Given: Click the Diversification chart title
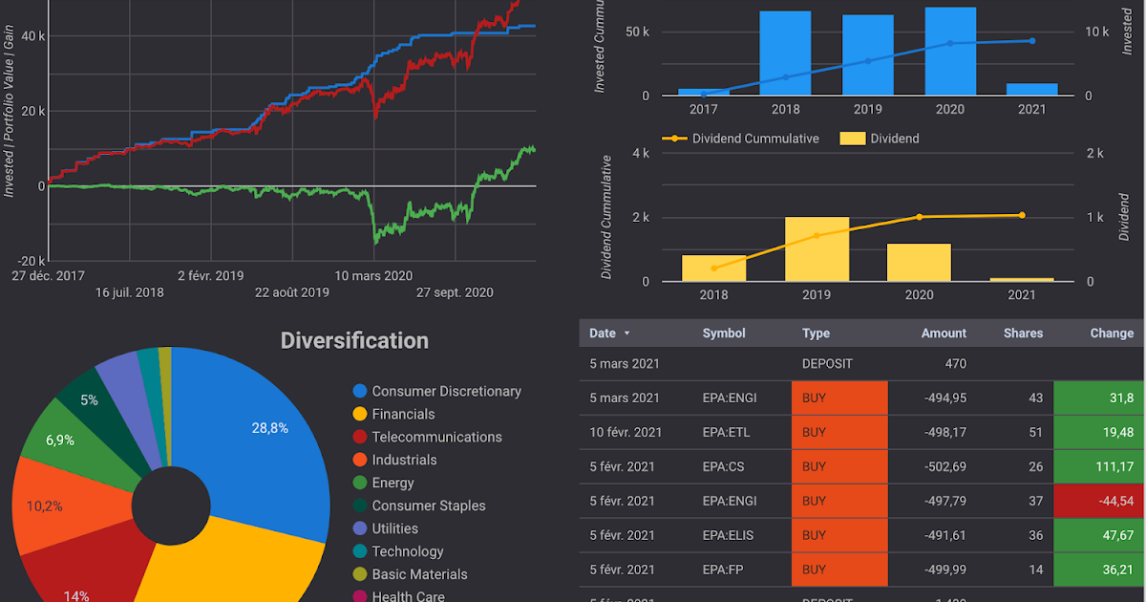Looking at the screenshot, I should [x=354, y=341].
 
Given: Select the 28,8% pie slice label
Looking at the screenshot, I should [x=269, y=428].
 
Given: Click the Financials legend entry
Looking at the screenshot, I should [x=403, y=414].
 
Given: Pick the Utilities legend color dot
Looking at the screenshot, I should [x=360, y=528].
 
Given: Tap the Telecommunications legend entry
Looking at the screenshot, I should [x=436, y=437].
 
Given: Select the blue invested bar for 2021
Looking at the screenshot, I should [x=1031, y=89].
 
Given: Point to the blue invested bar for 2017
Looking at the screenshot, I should [x=704, y=92].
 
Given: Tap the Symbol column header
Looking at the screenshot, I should [x=724, y=333].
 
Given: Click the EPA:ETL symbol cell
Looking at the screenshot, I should [x=726, y=432].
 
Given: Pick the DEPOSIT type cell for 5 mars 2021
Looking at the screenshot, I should [x=827, y=363].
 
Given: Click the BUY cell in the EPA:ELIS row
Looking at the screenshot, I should [x=838, y=535].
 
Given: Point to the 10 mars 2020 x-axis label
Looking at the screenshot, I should [x=373, y=276].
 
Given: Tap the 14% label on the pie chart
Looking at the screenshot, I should [x=76, y=595].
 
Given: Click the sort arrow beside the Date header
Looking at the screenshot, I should [x=626, y=333].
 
